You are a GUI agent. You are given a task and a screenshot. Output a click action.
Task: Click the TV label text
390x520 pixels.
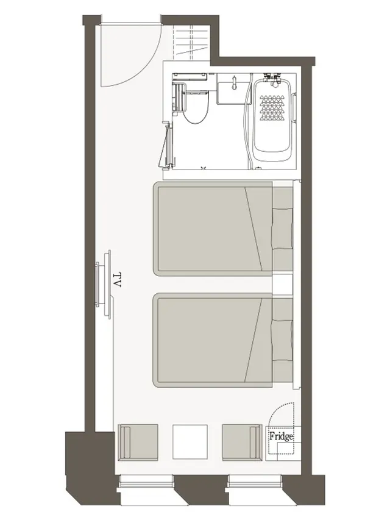point(117,280)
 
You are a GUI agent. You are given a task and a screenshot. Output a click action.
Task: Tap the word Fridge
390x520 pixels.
point(281,436)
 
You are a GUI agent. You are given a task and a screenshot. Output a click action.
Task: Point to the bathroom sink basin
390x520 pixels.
point(234,88)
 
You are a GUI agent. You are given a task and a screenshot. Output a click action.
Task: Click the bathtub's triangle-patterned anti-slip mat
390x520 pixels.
point(272,108)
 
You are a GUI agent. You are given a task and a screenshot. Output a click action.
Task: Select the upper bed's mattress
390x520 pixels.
point(213,229)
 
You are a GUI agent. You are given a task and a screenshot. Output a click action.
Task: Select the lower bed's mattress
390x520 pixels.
point(213,340)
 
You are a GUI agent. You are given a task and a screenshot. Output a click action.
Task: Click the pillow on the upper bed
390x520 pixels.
point(283,229)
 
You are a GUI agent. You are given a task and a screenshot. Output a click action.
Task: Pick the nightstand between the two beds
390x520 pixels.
point(283,284)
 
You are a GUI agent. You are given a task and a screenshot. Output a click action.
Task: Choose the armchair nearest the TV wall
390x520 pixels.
point(138,442)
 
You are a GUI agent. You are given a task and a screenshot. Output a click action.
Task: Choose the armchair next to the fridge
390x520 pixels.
point(241,442)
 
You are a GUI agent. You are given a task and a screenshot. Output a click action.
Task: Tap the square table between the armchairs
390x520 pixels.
point(190,442)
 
